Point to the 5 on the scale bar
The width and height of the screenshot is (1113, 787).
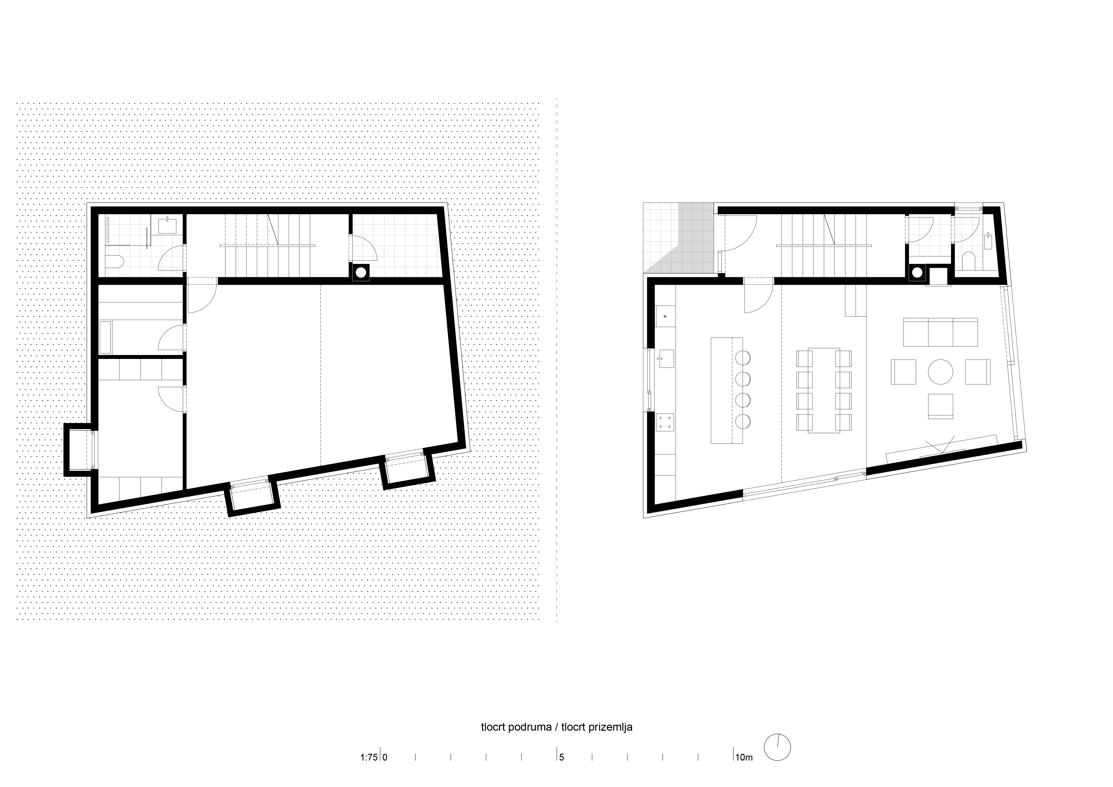pos(561,757)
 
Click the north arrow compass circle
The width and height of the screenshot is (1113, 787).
pos(777,747)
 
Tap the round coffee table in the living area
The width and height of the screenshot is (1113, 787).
pos(940,372)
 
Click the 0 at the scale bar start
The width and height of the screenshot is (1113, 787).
pos(385,757)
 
